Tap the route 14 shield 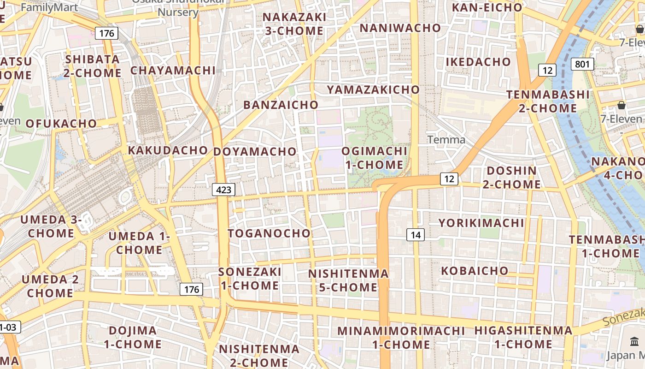coord(416,235)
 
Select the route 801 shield coord(582,64)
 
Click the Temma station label coord(446,139)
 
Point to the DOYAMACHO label coord(255,151)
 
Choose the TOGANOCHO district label coord(269,233)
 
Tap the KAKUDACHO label coord(168,150)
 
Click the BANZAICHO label coord(281,105)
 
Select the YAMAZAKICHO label coord(373,89)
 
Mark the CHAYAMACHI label coord(173,70)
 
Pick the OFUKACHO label coord(61,123)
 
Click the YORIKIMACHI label coord(481,223)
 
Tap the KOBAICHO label coord(475,270)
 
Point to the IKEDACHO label coord(478,62)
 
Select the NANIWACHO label coord(400,28)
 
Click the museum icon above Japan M coord(634,342)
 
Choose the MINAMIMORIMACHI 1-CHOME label coord(401,338)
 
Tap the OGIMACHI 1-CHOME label coord(374,158)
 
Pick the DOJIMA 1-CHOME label coord(133,337)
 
